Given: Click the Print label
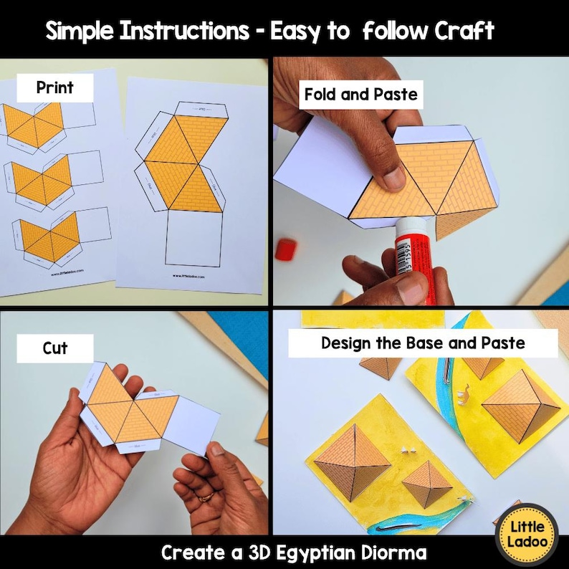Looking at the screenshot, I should click(x=54, y=88).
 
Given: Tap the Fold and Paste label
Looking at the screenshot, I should click(x=360, y=95).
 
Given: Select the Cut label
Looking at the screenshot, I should click(x=55, y=348).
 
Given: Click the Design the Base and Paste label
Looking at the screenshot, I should click(x=423, y=343).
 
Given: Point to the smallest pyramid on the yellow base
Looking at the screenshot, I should click(x=427, y=484).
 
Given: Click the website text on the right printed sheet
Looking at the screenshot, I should click(x=190, y=275).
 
